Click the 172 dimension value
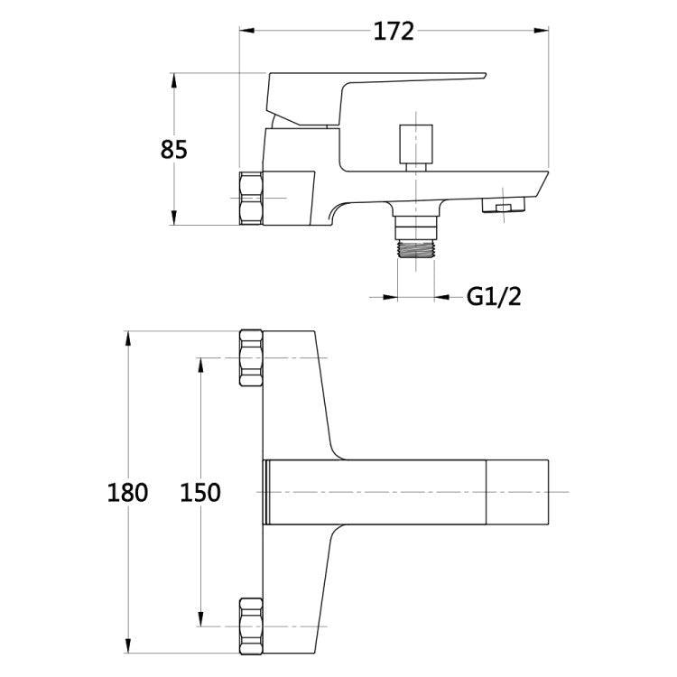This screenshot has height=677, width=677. pyautogui.click(x=394, y=31)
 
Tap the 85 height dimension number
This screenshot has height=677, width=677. pyautogui.click(x=174, y=149)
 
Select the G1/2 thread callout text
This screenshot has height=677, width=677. pyautogui.click(x=494, y=297)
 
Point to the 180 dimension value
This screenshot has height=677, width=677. pyautogui.click(x=127, y=492)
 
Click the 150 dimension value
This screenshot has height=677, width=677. pyautogui.click(x=200, y=492)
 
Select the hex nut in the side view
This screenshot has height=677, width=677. pyautogui.click(x=251, y=199)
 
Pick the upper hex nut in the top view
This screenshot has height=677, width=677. pyautogui.click(x=251, y=358)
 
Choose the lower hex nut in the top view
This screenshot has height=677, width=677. pyautogui.click(x=251, y=626)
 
